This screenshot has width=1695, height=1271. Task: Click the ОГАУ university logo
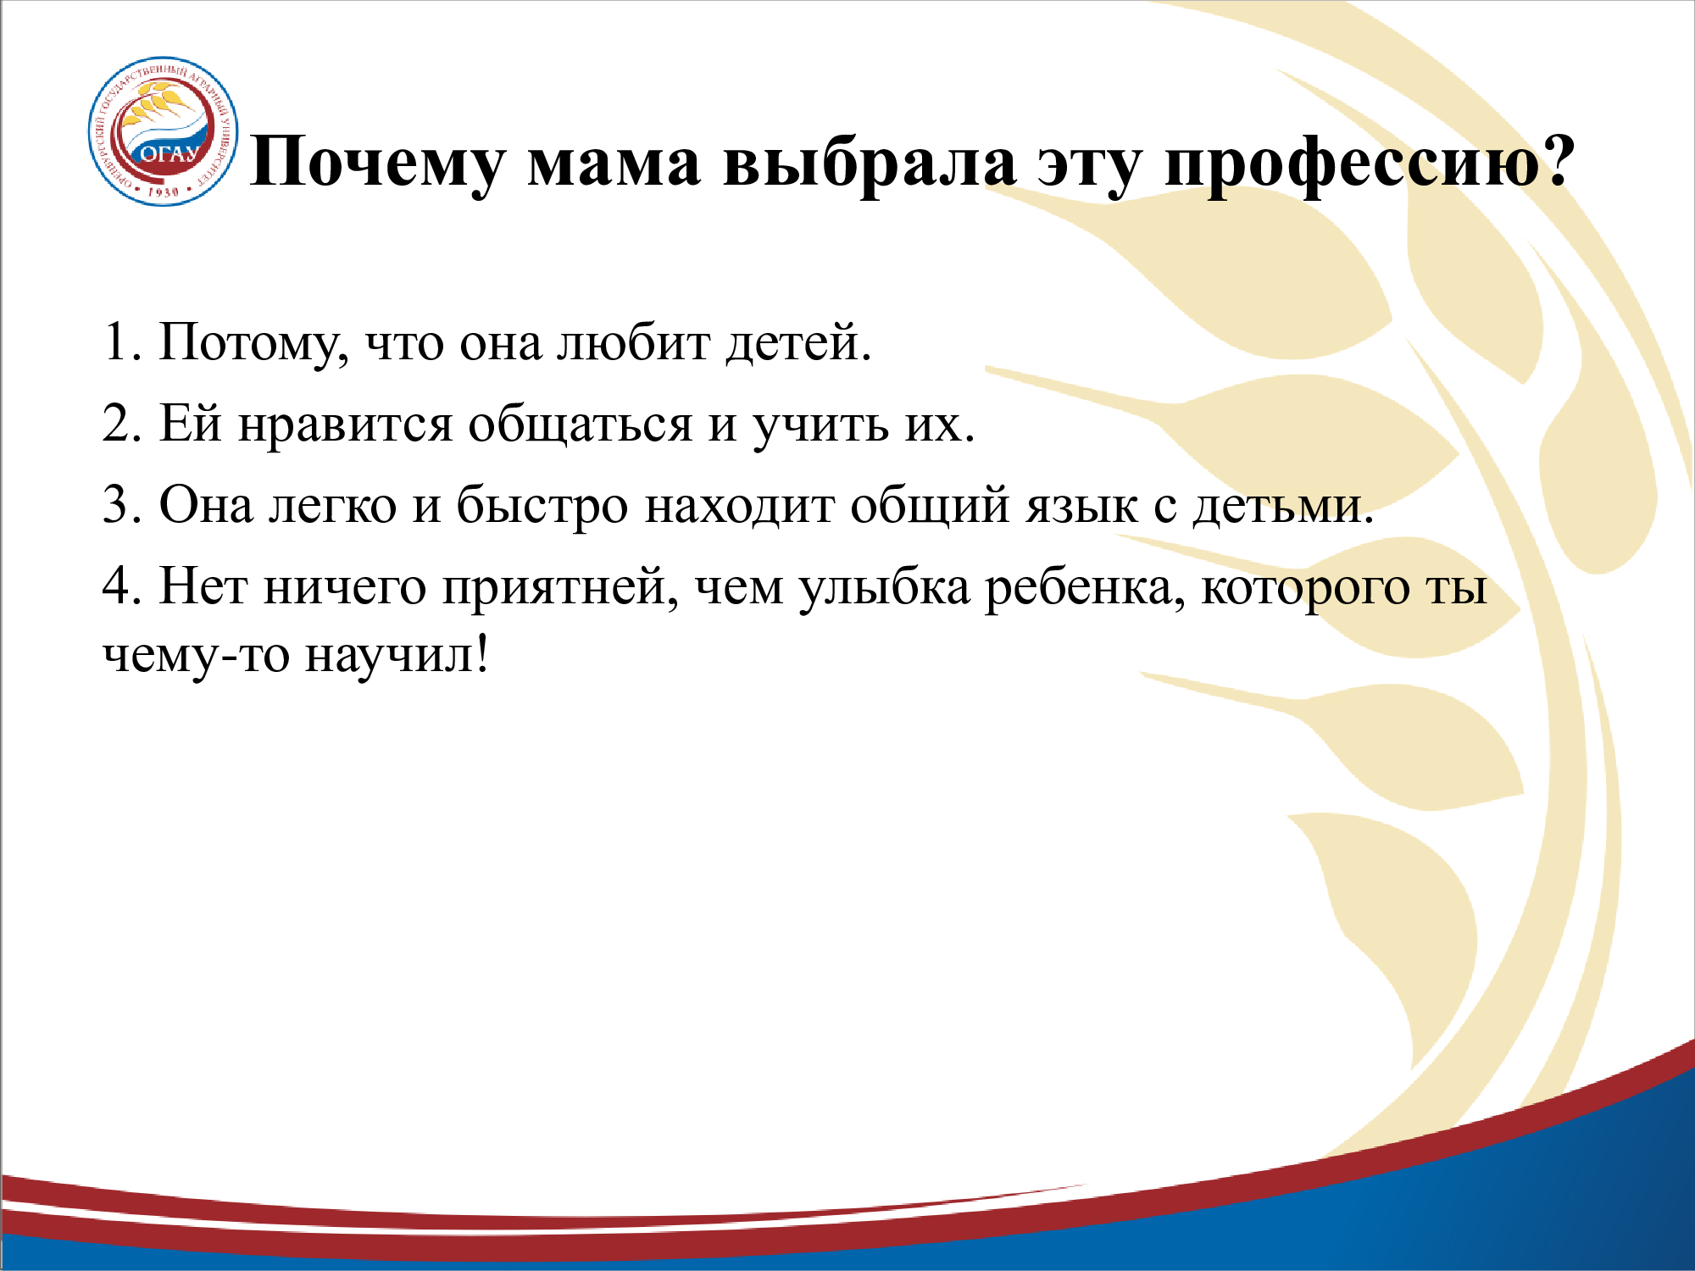pos(164,131)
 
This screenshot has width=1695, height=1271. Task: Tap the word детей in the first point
pos(797,344)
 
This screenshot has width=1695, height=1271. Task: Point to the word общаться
pos(581,425)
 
